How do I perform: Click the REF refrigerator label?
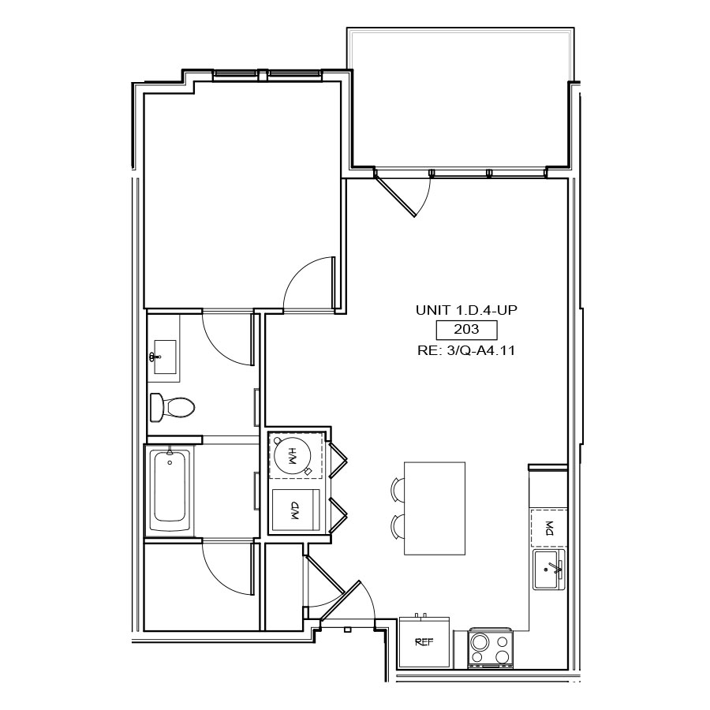point(424,641)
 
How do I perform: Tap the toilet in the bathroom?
point(172,407)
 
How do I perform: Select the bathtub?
point(170,489)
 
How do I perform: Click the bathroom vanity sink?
point(165,357)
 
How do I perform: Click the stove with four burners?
point(491,648)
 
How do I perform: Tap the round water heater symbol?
point(293,457)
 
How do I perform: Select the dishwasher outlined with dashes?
point(549,528)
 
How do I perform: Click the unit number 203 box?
point(466,330)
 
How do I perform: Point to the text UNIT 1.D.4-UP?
point(466,310)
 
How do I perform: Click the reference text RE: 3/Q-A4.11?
point(466,350)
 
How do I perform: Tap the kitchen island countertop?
point(435,508)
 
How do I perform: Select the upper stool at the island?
point(397,489)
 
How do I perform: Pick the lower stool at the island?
point(397,527)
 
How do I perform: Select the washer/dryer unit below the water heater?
point(296,510)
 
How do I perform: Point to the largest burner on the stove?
point(480,641)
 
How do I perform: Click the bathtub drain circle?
point(170,463)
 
